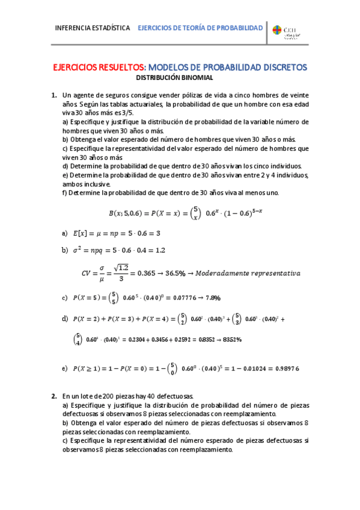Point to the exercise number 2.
pos(53,397)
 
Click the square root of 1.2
pos(123,268)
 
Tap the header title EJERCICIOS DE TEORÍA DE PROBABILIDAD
pos(201,28)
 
